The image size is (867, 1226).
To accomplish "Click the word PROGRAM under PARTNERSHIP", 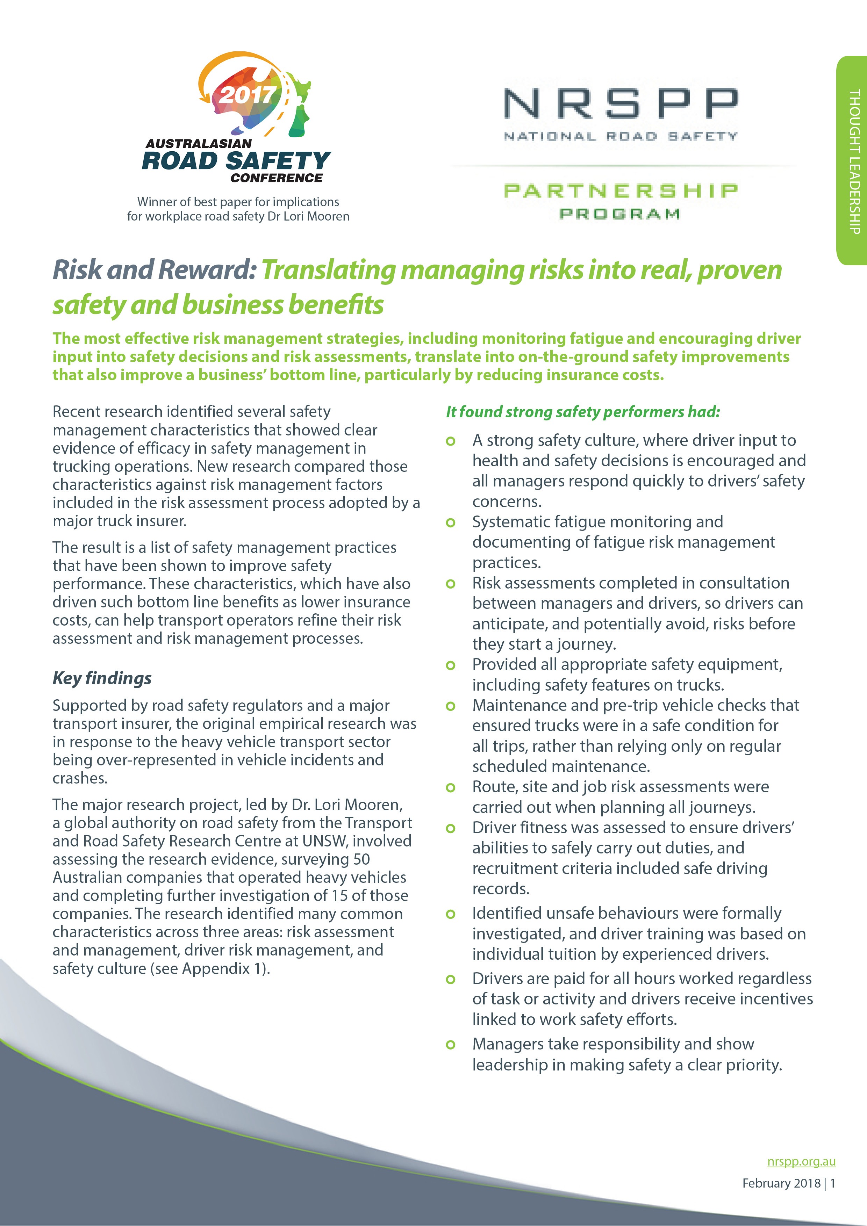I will point(620,214).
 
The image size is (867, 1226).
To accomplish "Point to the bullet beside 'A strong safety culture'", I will point(450,441).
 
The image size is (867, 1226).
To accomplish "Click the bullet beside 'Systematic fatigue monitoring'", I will point(450,522).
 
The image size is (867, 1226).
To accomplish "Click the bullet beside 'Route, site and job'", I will point(450,788).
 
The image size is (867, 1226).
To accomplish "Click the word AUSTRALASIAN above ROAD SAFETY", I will point(198,144).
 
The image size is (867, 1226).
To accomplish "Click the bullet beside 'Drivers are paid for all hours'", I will point(450,979).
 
